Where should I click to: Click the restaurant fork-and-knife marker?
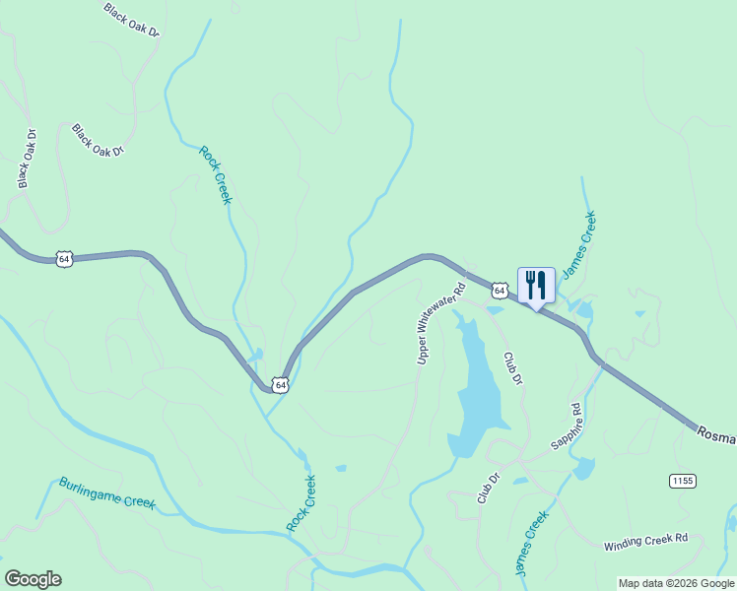(536, 286)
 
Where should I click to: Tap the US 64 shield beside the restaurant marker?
(501, 291)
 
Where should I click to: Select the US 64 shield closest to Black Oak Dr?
(64, 259)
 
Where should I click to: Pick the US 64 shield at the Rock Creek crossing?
(281, 385)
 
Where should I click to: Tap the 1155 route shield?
(682, 481)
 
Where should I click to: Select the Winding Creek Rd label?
(644, 543)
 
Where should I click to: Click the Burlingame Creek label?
(106, 493)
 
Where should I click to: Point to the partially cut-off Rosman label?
(716, 434)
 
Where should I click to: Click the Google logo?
(33, 579)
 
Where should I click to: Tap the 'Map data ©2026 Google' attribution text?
(677, 583)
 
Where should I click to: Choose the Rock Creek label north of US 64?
(215, 174)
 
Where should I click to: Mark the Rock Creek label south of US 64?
(302, 503)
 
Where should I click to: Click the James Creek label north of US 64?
(579, 240)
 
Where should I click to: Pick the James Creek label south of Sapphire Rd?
(531, 544)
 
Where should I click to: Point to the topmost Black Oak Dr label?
(131, 19)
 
